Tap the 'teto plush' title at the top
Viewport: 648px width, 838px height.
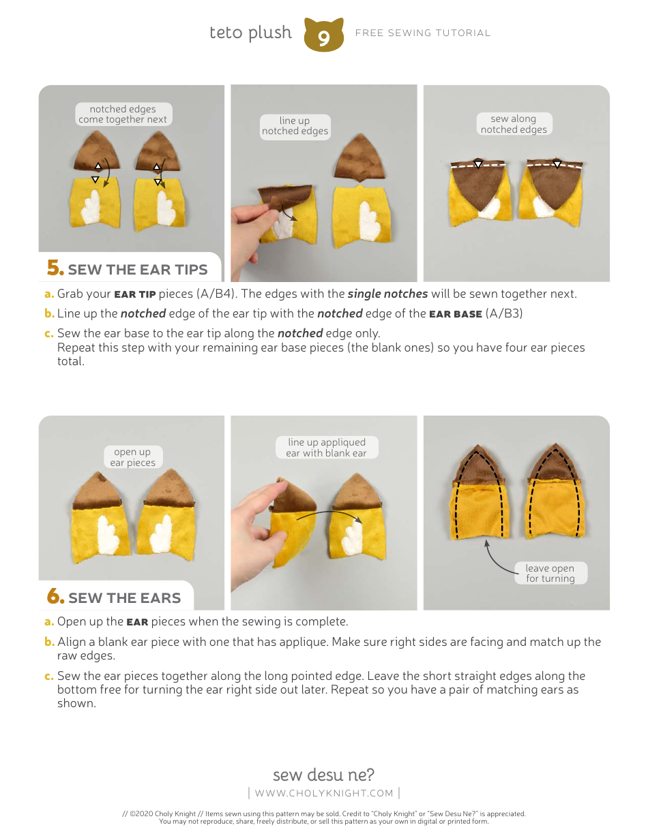pos(250,33)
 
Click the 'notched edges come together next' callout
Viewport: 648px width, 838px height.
pos(123,114)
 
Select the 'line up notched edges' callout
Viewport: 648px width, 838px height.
pos(295,126)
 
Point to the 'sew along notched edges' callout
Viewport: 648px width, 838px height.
pos(514,124)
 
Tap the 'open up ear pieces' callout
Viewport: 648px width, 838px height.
pos(132,457)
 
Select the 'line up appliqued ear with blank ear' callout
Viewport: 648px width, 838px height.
pos(326,448)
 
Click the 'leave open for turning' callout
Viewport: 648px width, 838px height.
pos(550,573)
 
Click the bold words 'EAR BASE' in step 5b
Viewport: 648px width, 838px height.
pos(455,314)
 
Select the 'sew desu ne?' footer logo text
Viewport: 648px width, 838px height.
pos(323,775)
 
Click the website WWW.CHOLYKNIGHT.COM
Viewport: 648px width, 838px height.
pos(324,792)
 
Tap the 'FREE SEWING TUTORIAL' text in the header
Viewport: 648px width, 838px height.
pos(423,33)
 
